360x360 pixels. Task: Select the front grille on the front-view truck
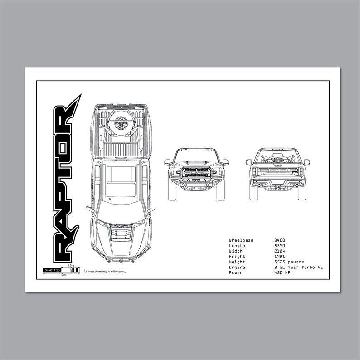click(x=196, y=172)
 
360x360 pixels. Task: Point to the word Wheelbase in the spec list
click(x=241, y=240)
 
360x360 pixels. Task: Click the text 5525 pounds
click(x=289, y=262)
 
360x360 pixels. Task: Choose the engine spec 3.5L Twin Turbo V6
click(x=299, y=268)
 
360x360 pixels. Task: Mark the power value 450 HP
click(x=282, y=273)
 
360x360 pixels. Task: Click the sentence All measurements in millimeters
click(x=105, y=272)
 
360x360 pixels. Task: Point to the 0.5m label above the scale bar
click(x=70, y=266)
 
